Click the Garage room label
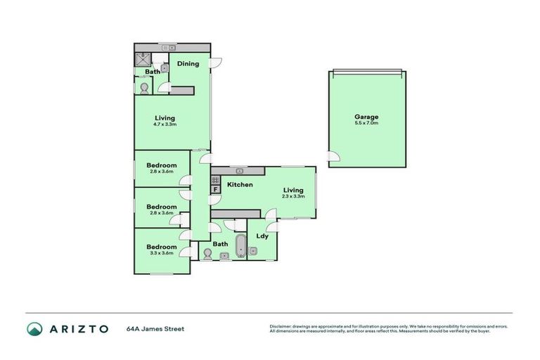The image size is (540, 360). (366, 117)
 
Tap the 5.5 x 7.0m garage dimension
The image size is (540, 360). (366, 123)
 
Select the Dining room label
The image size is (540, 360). (188, 64)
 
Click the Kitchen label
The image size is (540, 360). (240, 184)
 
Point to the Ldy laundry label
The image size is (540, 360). (262, 237)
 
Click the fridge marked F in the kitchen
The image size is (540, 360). (215, 189)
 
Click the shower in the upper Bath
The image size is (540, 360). (144, 58)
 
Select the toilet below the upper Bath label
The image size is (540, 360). (145, 88)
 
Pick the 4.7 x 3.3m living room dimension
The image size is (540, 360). (164, 124)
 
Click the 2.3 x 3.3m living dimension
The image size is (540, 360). (293, 196)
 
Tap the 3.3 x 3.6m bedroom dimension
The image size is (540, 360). (162, 253)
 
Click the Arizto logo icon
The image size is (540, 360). (34, 328)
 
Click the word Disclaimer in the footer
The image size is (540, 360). (280, 326)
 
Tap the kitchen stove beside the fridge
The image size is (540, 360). (215, 180)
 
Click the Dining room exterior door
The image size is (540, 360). (217, 61)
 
